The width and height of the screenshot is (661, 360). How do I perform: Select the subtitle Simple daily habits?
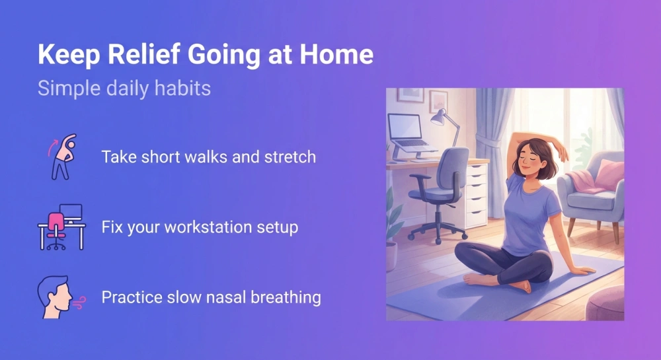click(x=124, y=88)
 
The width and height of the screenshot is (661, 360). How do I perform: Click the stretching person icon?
click(x=59, y=157)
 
